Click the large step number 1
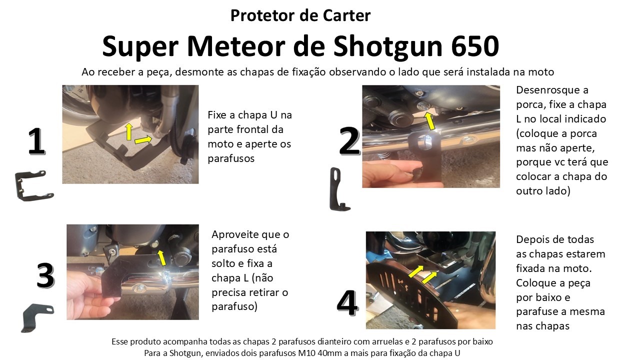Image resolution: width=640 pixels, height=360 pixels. point(36,141)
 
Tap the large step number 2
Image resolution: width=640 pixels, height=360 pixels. point(349,141)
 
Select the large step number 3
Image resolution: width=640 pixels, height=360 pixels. point(45,275)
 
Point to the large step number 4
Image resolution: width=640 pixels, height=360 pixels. point(347,303)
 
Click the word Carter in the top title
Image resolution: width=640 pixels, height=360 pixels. point(346,15)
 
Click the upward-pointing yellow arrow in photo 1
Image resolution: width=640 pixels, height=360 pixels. point(129,131)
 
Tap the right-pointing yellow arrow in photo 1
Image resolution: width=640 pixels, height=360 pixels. point(143,140)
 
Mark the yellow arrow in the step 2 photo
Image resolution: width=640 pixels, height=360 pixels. point(429,120)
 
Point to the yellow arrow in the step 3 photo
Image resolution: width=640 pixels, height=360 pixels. point(161,257)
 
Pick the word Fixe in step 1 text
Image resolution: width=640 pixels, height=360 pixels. point(217,115)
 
